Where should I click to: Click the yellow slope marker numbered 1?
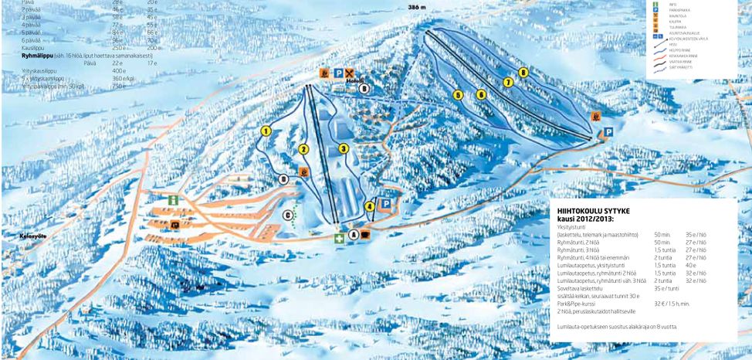point(266,131)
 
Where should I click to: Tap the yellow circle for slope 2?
point(303,149)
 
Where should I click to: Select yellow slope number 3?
point(344,148)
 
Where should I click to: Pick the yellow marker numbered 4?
point(370,206)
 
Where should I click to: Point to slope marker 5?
point(458,95)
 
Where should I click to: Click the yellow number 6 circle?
point(481,94)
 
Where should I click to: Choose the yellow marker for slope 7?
point(508,82)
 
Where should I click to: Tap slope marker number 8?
point(523,73)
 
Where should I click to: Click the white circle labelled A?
point(354,234)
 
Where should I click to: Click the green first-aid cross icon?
point(338,239)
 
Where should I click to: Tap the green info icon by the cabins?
point(174,200)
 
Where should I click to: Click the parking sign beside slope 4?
point(385,203)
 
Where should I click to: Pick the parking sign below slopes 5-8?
point(608,131)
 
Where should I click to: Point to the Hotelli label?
point(354,80)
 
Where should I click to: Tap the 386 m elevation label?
point(418,6)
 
